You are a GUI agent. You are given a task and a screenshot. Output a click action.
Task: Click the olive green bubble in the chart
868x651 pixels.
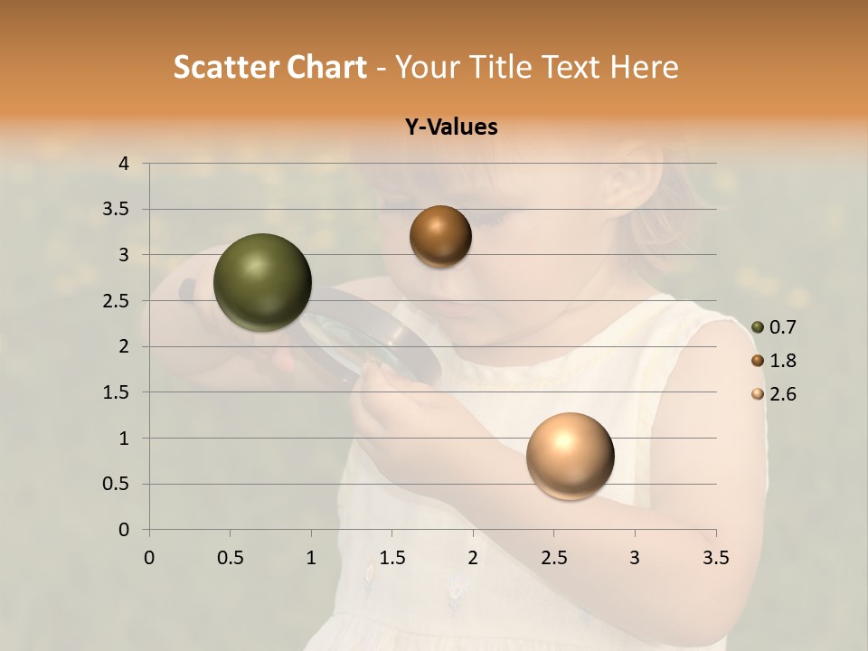pos(262,282)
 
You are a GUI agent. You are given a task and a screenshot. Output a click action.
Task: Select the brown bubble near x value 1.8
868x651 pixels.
pos(440,236)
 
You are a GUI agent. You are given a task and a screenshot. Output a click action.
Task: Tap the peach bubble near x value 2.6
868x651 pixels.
pos(570,456)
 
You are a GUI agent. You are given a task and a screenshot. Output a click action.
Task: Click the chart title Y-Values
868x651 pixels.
pos(451,127)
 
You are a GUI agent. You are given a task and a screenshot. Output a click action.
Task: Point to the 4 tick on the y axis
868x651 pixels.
pos(124,164)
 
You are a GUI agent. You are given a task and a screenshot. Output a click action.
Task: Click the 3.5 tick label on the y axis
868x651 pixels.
pos(116,210)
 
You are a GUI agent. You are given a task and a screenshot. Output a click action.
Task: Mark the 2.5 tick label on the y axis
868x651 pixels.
pos(116,301)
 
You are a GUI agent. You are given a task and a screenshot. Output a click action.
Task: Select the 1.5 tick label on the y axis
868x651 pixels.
pos(116,392)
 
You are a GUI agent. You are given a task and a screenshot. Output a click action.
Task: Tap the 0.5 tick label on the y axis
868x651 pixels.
pos(116,484)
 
